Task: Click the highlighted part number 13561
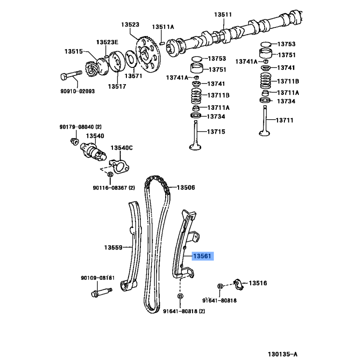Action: pos(202,256)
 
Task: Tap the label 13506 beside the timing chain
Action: pos(186,188)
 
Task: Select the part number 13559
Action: pos(113,247)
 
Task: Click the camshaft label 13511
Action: pos(223,14)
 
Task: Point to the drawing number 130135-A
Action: pos(283,354)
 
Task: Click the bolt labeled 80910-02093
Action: pos(72,75)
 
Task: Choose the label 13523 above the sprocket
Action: pos(130,25)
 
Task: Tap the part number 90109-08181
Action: pos(98,278)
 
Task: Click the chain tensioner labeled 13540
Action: pos(93,152)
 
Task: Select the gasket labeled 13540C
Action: pos(119,166)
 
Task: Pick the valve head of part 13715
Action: pos(195,147)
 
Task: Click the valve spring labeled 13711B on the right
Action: pos(265,81)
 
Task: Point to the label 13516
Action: pos(258,283)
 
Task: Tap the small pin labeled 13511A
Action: pos(162,43)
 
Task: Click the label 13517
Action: pos(117,86)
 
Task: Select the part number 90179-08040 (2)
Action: pos(81,127)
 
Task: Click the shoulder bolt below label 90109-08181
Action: pos(102,292)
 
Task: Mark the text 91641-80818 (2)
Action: pos(184,311)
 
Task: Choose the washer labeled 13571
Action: pos(132,59)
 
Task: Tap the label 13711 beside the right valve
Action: pos(284,120)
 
